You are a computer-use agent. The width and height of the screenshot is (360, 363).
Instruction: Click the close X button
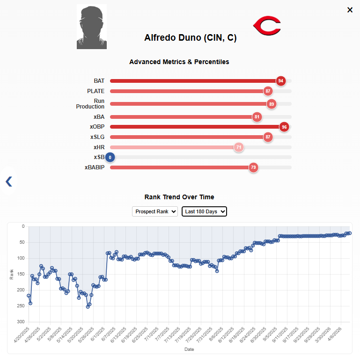pyautogui.click(x=350, y=10)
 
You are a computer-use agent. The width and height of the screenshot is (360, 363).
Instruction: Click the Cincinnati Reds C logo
pyautogui.click(x=266, y=25)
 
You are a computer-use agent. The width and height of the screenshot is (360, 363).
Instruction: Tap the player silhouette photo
pyautogui.click(x=92, y=27)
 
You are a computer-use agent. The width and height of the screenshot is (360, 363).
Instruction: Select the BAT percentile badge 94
pyautogui.click(x=280, y=81)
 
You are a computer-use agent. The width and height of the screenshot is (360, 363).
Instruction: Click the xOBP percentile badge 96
pyautogui.click(x=284, y=127)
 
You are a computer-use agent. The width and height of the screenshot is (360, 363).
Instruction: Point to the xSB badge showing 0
pyautogui.click(x=110, y=157)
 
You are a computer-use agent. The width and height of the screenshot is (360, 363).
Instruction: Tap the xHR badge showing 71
pyautogui.click(x=239, y=147)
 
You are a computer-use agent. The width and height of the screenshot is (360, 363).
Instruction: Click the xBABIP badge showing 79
pyautogui.click(x=253, y=167)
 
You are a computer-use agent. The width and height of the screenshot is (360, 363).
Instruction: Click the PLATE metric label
pyautogui.click(x=96, y=91)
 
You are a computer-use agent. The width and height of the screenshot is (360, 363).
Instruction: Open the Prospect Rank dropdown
pyautogui.click(x=155, y=211)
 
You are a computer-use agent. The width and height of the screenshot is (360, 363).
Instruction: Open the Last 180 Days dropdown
pyautogui.click(x=204, y=211)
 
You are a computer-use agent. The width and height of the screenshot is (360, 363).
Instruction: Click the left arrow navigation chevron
pyautogui.click(x=8, y=181)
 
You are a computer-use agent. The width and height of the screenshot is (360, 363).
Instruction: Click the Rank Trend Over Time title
pyautogui.click(x=179, y=197)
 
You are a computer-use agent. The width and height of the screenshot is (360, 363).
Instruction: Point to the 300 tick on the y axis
pyautogui.click(x=20, y=322)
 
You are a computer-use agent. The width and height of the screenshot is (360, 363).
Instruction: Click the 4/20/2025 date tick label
pyautogui.click(x=21, y=336)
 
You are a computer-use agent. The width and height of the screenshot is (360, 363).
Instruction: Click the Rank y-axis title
pyautogui.click(x=12, y=274)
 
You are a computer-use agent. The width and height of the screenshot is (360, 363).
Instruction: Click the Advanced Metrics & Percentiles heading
pyautogui.click(x=179, y=62)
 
